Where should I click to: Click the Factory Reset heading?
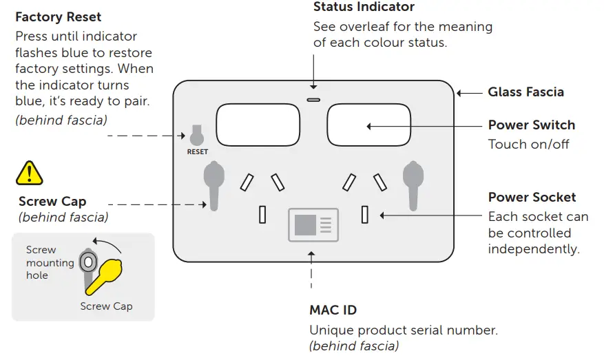click(x=58, y=17)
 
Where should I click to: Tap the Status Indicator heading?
click(x=364, y=8)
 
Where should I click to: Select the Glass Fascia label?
click(x=525, y=92)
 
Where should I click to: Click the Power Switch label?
click(x=531, y=125)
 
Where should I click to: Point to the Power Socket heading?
click(x=532, y=198)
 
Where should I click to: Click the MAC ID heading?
click(x=333, y=310)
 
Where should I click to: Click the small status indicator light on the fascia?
click(x=313, y=99)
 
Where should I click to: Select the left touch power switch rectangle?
click(x=258, y=125)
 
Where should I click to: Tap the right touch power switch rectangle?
click(x=368, y=125)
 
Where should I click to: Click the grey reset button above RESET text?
click(x=197, y=136)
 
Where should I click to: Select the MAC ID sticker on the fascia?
click(x=313, y=224)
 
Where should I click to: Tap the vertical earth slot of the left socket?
click(x=262, y=215)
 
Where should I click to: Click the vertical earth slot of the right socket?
click(x=365, y=215)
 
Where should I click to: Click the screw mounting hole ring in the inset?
click(x=87, y=262)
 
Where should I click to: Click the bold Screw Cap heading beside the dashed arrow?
click(x=52, y=202)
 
